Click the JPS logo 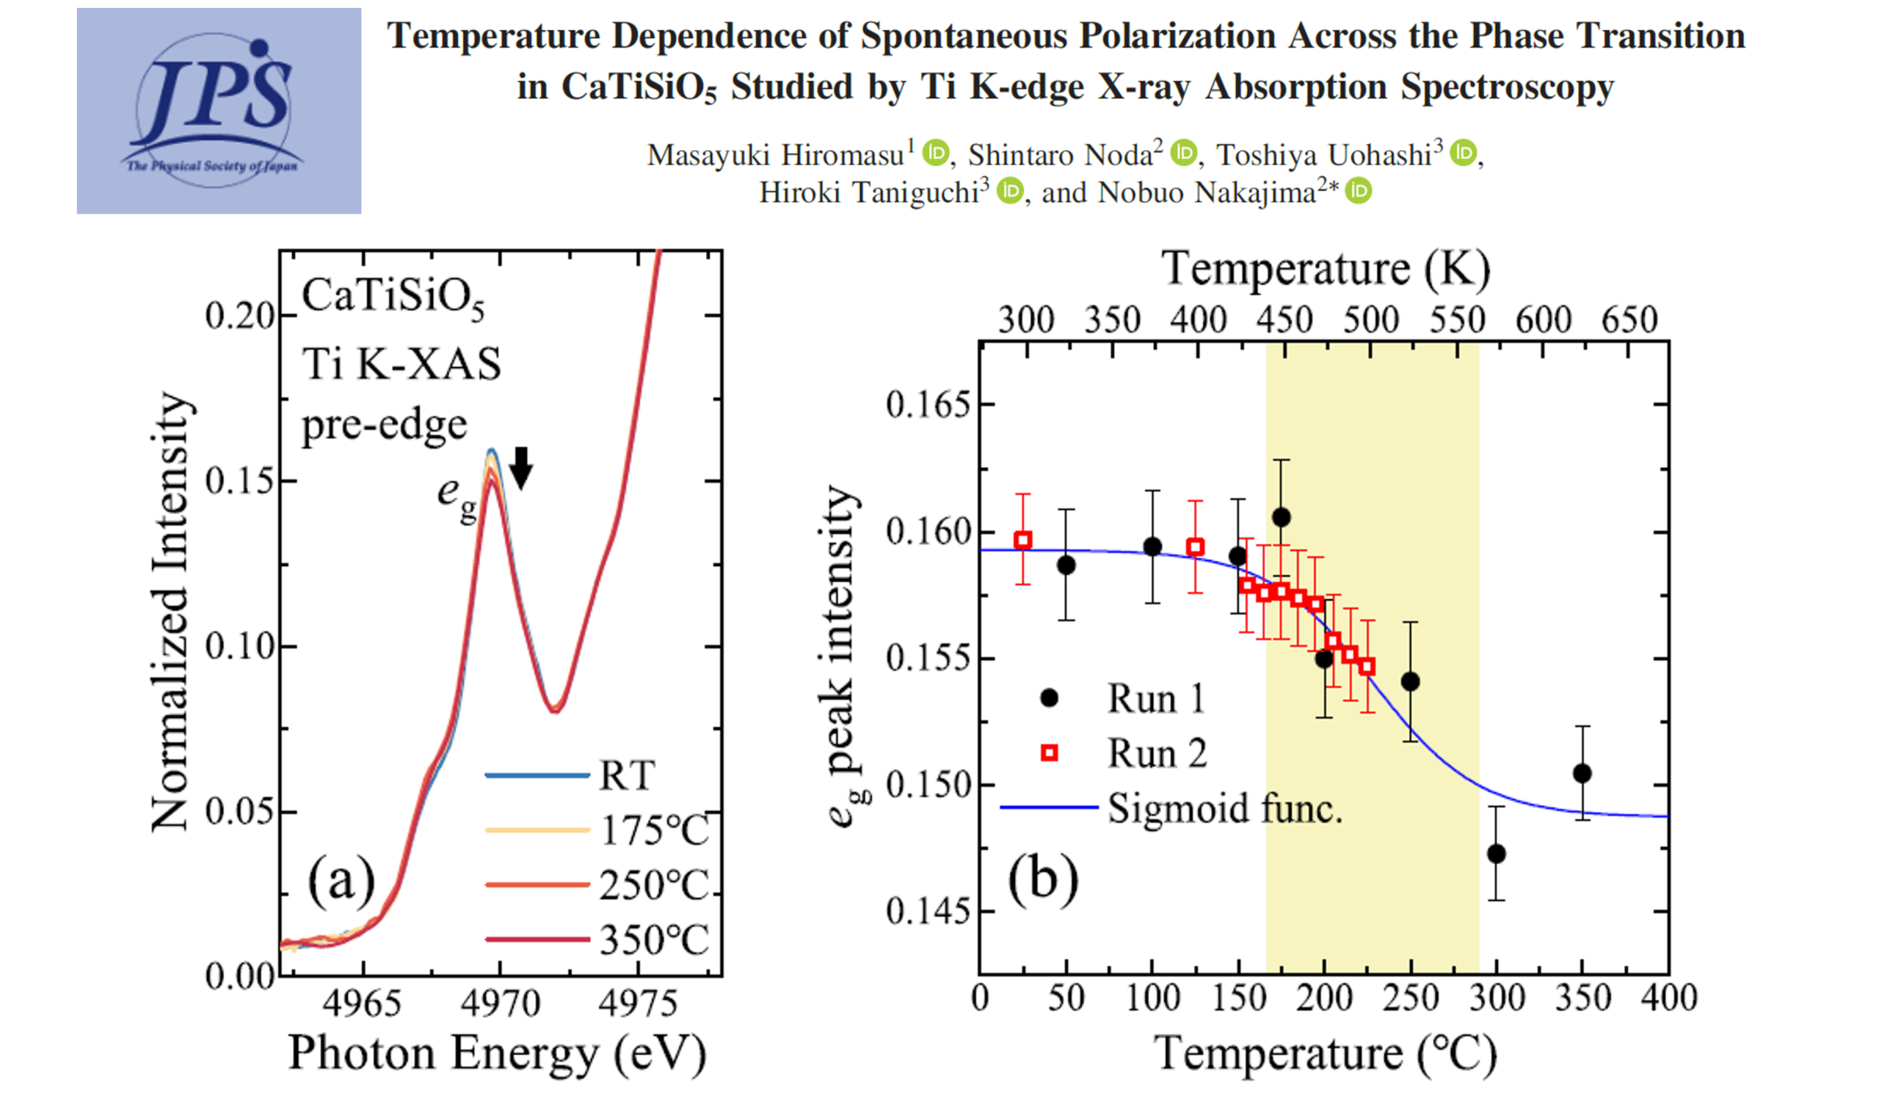click(x=218, y=111)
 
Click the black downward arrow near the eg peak click(x=521, y=467)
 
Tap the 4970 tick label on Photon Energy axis click(x=500, y=1004)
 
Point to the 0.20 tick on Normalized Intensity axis click(x=239, y=316)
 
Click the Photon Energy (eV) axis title click(x=497, y=1054)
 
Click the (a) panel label click(x=341, y=881)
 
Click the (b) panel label click(x=1043, y=879)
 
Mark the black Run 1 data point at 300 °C click(x=1497, y=854)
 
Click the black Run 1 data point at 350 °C click(x=1582, y=773)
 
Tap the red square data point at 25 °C click(x=1022, y=540)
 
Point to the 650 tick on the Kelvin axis click(x=1629, y=320)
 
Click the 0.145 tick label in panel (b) click(x=928, y=911)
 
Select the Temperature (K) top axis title click(x=1325, y=269)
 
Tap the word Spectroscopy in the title click(x=1507, y=86)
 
